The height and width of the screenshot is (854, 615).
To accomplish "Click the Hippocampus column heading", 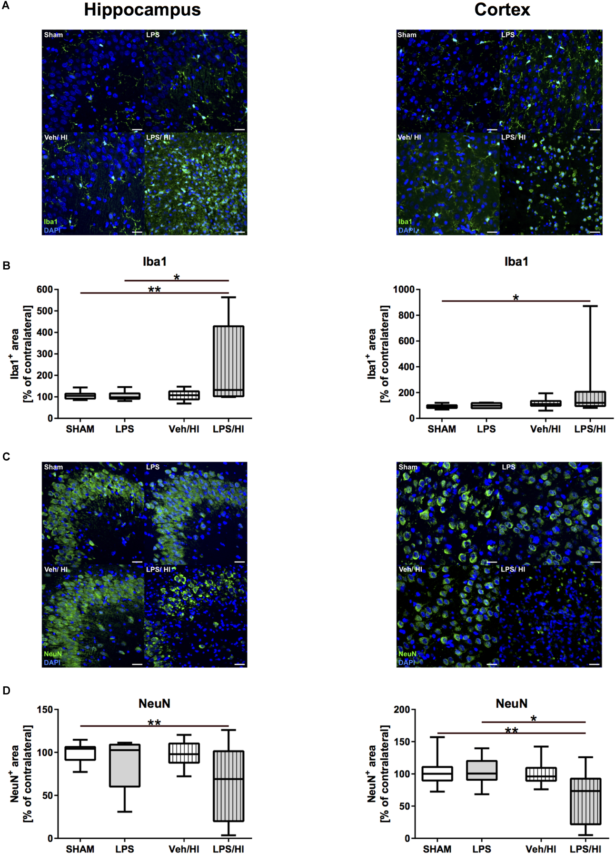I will (x=142, y=10).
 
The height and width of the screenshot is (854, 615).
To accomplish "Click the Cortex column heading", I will (x=502, y=10).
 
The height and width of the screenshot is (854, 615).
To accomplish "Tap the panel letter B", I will (x=6, y=266).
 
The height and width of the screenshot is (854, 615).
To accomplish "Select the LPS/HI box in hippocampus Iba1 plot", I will (x=228, y=361).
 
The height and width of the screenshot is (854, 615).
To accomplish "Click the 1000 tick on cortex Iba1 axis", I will (x=404, y=290).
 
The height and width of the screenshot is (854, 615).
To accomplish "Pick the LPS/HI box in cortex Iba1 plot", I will (x=590, y=399).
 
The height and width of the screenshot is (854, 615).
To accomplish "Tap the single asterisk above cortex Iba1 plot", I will (x=516, y=298).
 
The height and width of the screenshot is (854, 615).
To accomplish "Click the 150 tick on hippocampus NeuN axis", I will (x=44, y=710).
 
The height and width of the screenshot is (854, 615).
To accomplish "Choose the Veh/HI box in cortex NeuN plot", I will (x=541, y=774).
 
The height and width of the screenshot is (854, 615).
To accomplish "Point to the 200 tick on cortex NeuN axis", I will (x=402, y=710).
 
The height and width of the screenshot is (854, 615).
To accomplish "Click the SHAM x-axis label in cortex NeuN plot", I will (x=437, y=849).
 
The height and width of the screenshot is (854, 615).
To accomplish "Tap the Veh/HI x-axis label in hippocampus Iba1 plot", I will (x=184, y=429).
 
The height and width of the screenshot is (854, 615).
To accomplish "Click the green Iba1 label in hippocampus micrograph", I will (x=50, y=222).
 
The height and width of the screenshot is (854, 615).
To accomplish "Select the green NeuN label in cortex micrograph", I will (x=407, y=654).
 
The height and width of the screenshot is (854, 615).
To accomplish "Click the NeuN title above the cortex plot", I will (x=511, y=703).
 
